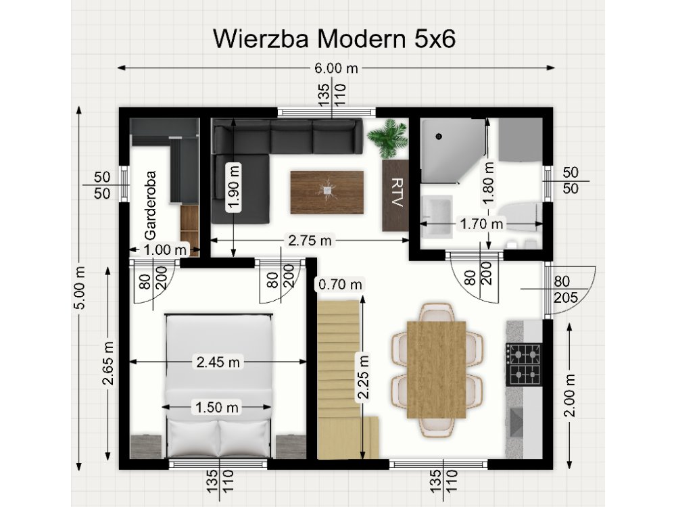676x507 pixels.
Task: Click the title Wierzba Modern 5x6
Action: [x=335, y=39]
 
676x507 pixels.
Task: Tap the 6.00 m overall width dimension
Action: [x=336, y=68]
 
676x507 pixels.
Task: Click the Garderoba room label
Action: [x=150, y=203]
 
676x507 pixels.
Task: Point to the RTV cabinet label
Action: [x=396, y=195]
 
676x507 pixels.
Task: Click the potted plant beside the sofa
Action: [x=388, y=138]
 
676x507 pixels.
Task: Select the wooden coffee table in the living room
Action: [x=327, y=192]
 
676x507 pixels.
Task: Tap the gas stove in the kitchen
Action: [x=524, y=364]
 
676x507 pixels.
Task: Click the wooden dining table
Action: [x=437, y=368]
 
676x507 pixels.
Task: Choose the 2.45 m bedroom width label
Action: [x=218, y=362]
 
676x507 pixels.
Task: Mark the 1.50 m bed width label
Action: [x=218, y=407]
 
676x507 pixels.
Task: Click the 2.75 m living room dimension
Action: [x=310, y=240]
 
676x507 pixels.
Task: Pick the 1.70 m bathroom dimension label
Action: [x=482, y=222]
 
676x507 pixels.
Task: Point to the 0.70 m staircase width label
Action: [x=339, y=285]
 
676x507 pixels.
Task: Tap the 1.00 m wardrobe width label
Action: [x=165, y=249]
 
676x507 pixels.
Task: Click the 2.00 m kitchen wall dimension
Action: [x=569, y=395]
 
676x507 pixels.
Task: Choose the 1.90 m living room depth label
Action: [x=234, y=187]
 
